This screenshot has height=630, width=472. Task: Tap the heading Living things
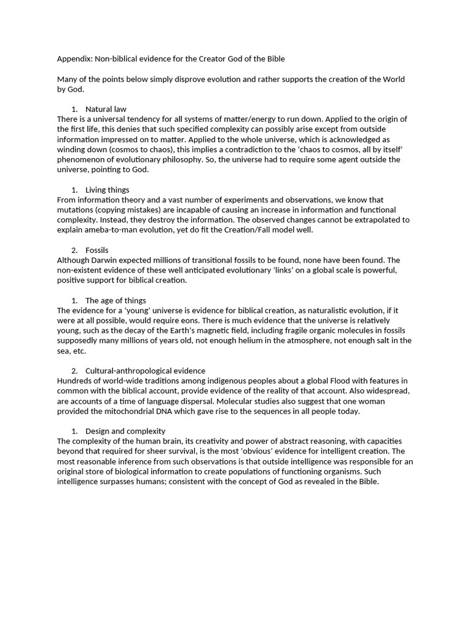[x=107, y=189]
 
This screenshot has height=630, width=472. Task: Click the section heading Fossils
[x=97, y=250]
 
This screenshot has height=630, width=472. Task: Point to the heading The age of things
[x=116, y=300]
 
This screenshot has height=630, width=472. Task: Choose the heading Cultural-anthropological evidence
[x=145, y=370]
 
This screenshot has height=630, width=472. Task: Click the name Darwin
[x=110, y=260]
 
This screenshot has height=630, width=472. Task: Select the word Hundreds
[x=75, y=381]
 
